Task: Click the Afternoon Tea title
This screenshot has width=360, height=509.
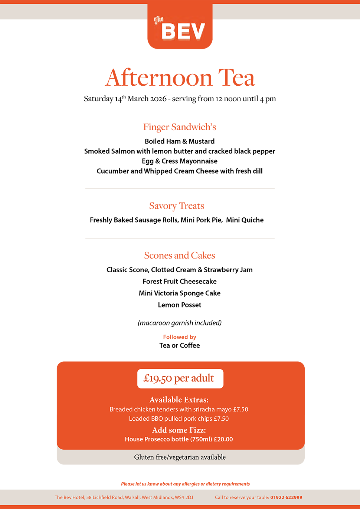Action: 180,78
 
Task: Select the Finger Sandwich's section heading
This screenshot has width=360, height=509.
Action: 180,127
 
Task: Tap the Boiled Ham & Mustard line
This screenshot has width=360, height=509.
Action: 180,141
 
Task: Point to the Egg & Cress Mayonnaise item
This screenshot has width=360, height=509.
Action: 180,161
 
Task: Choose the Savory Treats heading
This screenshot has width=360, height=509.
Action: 177,206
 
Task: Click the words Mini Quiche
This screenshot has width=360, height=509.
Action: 245,220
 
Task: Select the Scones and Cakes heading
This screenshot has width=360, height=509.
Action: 180,255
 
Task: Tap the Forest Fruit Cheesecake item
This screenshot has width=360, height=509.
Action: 180,281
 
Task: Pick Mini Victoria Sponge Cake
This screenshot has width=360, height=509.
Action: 180,293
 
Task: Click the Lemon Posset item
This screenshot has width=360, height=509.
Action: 180,305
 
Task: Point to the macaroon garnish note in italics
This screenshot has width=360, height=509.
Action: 180,323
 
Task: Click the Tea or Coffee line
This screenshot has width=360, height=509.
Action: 180,345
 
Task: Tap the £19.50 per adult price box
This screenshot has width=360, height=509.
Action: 180,378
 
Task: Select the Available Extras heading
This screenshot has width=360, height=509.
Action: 179,400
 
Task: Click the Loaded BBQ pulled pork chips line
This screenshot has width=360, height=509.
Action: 179,418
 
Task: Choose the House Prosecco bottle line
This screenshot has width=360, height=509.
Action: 179,439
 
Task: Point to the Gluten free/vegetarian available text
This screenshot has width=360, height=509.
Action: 180,457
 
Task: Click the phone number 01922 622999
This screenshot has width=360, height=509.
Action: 286,497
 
